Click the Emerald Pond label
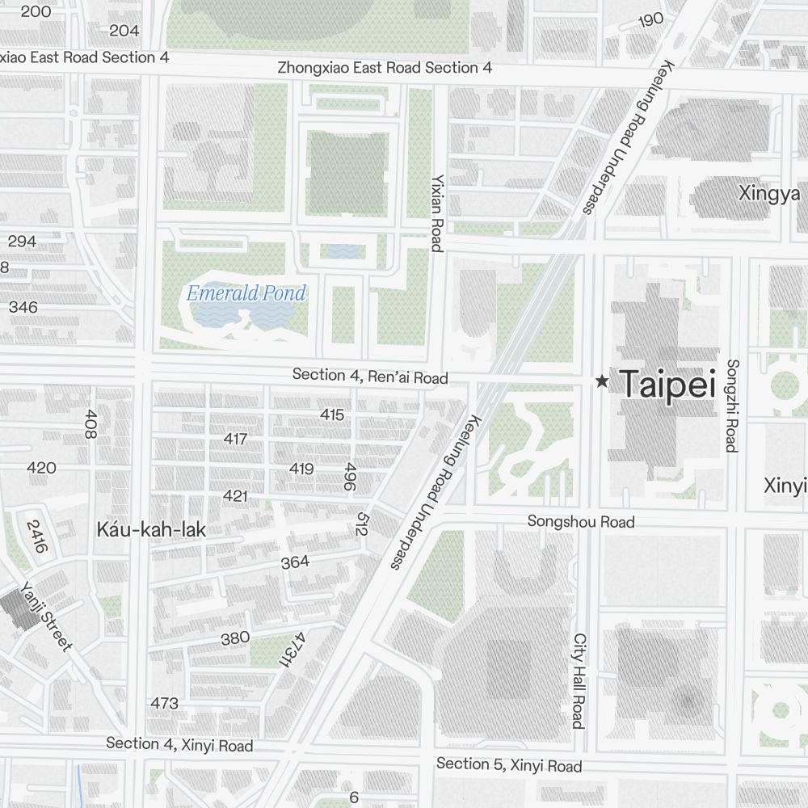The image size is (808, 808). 246,293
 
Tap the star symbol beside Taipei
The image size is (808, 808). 601,381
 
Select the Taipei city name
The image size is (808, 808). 668,385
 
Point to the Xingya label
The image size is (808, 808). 769,194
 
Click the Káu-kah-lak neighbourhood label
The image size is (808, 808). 151,530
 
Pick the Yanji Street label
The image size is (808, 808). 47,616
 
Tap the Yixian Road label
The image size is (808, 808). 437,213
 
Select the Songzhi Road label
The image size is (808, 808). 731,406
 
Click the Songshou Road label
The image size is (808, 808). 581,522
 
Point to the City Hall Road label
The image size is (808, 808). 579,680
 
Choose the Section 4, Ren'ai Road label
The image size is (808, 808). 370,376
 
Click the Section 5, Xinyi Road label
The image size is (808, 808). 509,764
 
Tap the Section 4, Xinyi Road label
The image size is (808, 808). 179,744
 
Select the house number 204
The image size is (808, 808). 124,31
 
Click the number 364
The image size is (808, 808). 295,562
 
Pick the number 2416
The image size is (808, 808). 37,536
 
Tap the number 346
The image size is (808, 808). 23,307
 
